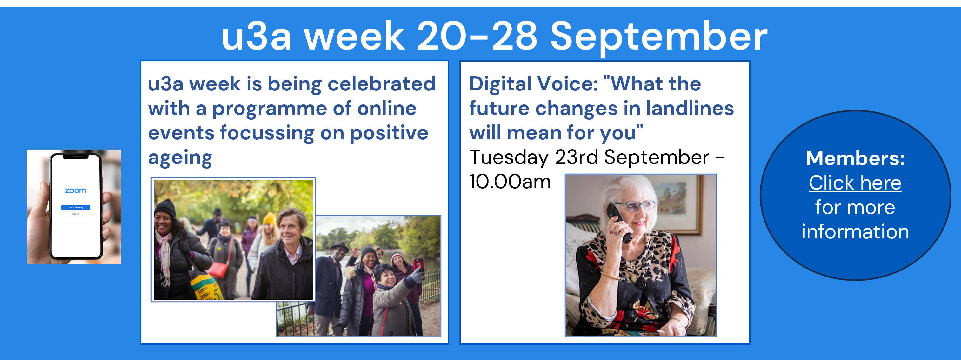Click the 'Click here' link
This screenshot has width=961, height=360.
(x=855, y=183)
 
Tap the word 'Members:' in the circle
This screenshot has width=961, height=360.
(x=855, y=158)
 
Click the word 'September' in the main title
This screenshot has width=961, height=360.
(x=659, y=37)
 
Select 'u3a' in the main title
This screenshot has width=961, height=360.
(x=256, y=37)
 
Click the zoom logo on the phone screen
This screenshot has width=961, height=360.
(x=75, y=190)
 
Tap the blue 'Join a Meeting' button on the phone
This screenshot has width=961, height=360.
(x=75, y=207)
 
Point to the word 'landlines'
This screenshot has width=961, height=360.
(x=690, y=108)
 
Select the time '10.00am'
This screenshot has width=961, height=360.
(x=510, y=182)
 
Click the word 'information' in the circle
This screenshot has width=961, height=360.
(x=855, y=232)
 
